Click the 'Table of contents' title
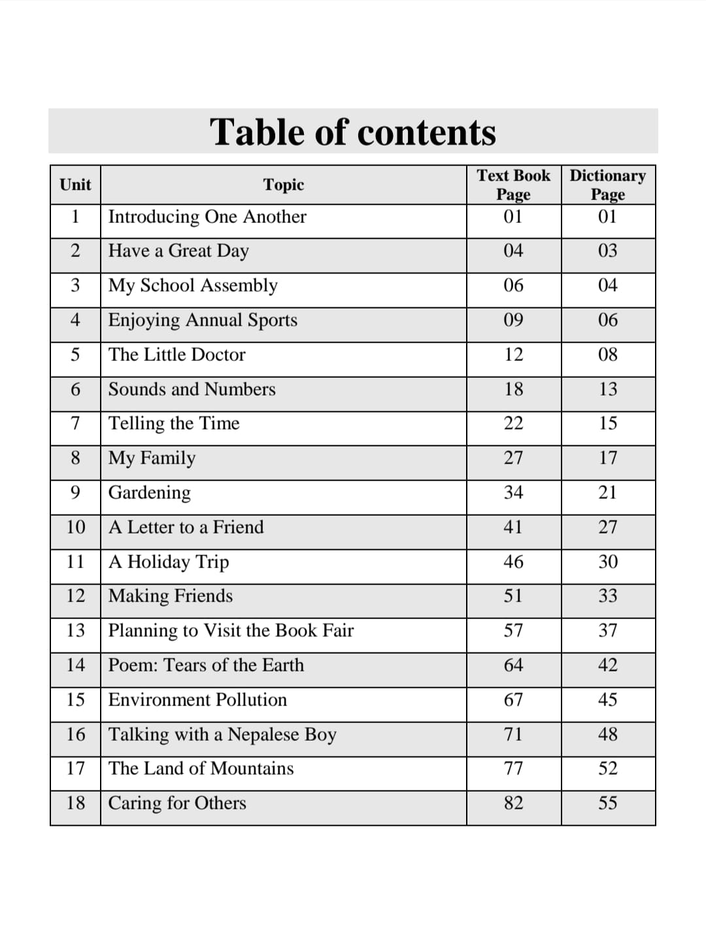[x=353, y=132]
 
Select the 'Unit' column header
[x=75, y=184]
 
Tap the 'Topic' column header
[x=284, y=184]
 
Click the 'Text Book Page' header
[x=513, y=184]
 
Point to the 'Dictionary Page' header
[x=607, y=184]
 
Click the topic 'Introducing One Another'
[x=207, y=216]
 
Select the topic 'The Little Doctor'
[x=176, y=354]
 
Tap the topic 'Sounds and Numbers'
[x=192, y=389]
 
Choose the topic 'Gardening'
[x=150, y=492]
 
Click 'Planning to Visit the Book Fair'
[x=231, y=630]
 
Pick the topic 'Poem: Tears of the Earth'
[x=206, y=665]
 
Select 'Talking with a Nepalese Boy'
[x=222, y=734]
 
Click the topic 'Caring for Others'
[x=177, y=803]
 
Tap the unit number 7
[x=75, y=423]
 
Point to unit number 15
[x=75, y=700]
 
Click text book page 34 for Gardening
[x=513, y=492]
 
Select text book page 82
[x=513, y=803]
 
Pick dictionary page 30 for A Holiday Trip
[x=607, y=562]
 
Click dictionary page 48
[x=607, y=734]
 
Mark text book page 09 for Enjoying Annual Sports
[x=513, y=320]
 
